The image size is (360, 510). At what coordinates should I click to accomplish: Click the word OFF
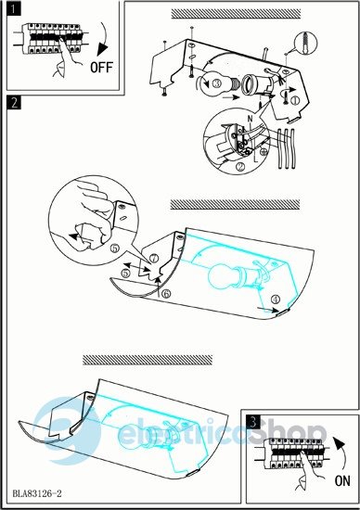click(x=101, y=67)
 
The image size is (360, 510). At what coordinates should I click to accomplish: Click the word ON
click(x=342, y=480)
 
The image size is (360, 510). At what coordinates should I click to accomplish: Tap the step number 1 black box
click(x=13, y=8)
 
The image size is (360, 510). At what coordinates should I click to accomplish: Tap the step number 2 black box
click(x=14, y=102)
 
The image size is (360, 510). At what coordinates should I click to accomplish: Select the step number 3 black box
click(x=253, y=422)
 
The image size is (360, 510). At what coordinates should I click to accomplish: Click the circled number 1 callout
click(x=296, y=100)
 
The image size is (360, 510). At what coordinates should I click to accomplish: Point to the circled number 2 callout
click(x=241, y=167)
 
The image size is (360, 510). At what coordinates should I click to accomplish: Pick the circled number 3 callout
click(x=217, y=83)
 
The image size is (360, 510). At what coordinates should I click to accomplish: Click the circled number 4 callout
click(x=276, y=299)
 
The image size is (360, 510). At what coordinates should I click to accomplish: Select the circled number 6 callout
click(x=166, y=294)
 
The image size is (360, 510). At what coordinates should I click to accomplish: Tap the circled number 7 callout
click(x=154, y=259)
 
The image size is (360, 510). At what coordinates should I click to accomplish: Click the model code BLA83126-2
click(x=37, y=493)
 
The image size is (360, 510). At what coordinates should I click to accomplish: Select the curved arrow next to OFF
click(x=105, y=38)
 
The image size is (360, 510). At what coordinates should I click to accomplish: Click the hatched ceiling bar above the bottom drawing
click(x=148, y=360)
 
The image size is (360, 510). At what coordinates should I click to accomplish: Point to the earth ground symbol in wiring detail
click(x=264, y=151)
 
